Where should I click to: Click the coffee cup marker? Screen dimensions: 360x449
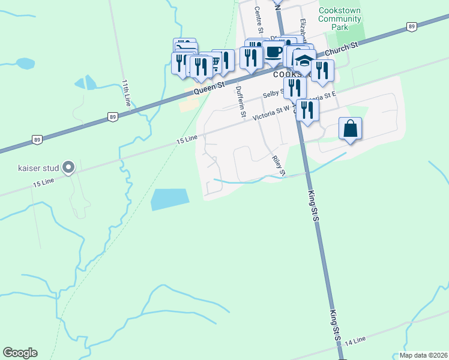point(274,52)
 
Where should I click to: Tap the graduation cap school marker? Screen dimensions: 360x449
point(305,62)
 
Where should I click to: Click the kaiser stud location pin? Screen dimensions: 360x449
point(68,167)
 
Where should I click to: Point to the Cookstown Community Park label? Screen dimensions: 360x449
point(340,19)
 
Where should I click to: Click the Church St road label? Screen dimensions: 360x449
point(342,49)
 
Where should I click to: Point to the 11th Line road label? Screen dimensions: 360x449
point(126,92)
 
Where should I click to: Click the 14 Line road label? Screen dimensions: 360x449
point(355,340)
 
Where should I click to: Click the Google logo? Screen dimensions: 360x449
point(20,352)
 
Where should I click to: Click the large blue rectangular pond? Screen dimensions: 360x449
point(169,199)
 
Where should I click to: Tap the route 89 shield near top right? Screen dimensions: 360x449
point(411,26)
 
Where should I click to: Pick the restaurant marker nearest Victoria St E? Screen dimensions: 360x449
point(307,110)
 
